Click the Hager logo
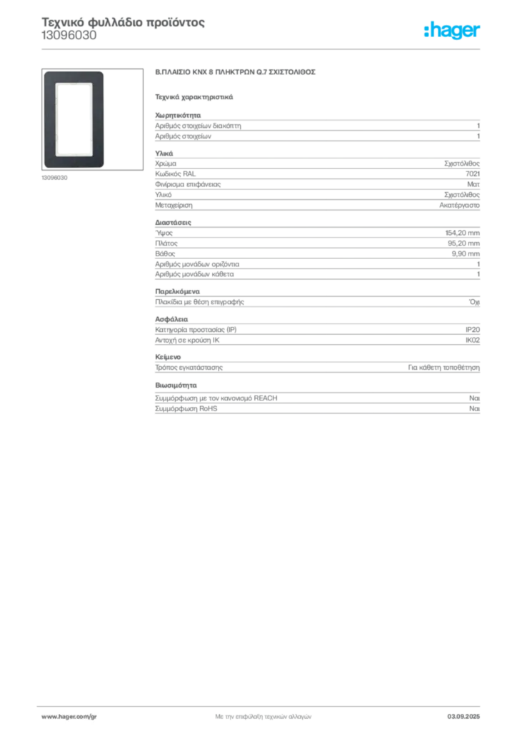[452, 30]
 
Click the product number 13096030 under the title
[69, 36]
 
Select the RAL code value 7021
[473, 174]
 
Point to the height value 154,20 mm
[463, 233]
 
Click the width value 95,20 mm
[464, 243]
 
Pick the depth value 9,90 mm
[466, 253]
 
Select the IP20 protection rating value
[473, 330]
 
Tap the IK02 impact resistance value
[473, 341]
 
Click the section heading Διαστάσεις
[173, 223]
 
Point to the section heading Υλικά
[164, 153]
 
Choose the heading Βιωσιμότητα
[176, 385]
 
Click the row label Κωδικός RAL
[175, 174]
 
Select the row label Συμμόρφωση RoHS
[186, 409]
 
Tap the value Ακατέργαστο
[459, 205]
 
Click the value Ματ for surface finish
[473, 184]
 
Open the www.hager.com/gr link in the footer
[69, 717]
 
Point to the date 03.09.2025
[463, 717]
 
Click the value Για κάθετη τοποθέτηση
[444, 368]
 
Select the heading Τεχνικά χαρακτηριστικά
[194, 97]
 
